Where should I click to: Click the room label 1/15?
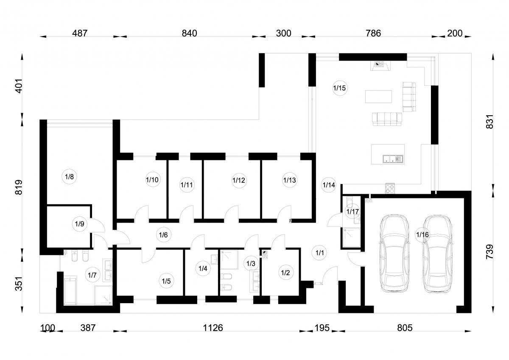[x=339, y=88]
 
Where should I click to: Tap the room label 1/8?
[x=69, y=176]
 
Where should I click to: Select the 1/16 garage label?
[x=422, y=234]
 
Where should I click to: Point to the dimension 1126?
[x=213, y=328]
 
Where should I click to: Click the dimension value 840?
[x=189, y=33]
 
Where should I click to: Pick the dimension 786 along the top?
[x=373, y=33]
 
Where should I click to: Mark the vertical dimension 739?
[x=489, y=251]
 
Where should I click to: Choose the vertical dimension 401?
[x=19, y=86]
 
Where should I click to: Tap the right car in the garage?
[x=437, y=254]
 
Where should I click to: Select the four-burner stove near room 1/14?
[x=390, y=188]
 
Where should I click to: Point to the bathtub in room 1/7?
[x=70, y=290]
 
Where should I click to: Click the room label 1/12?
[x=238, y=180]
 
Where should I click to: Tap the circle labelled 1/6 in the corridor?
[x=163, y=235]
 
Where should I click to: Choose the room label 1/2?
[x=285, y=273]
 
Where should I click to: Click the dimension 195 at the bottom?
[x=322, y=328]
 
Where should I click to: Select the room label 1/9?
[x=80, y=224]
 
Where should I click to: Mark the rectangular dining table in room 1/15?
[x=378, y=97]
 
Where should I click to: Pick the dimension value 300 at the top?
[x=284, y=33]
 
